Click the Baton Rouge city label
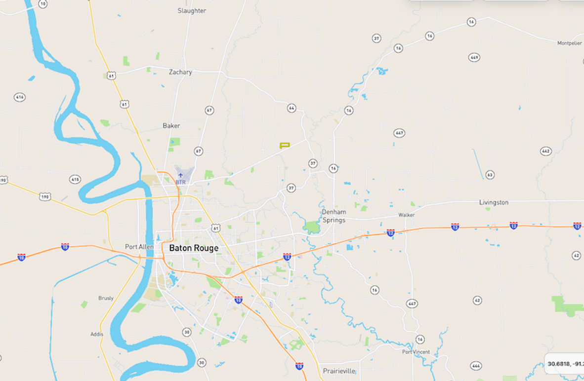(194, 248)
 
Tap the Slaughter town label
(192, 10)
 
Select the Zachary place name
(180, 72)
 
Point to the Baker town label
(171, 126)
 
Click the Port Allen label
(139, 247)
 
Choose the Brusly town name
(106, 298)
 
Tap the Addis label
(97, 334)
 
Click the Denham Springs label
(334, 216)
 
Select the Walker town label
(407, 215)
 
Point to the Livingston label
(494, 202)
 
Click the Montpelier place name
(570, 43)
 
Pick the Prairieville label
(339, 371)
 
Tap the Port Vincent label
(416, 352)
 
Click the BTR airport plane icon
(180, 175)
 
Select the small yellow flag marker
(284, 145)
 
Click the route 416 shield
(19, 97)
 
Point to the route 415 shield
(75, 179)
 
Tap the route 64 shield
(292, 108)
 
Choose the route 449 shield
(474, 58)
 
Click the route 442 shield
(545, 152)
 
